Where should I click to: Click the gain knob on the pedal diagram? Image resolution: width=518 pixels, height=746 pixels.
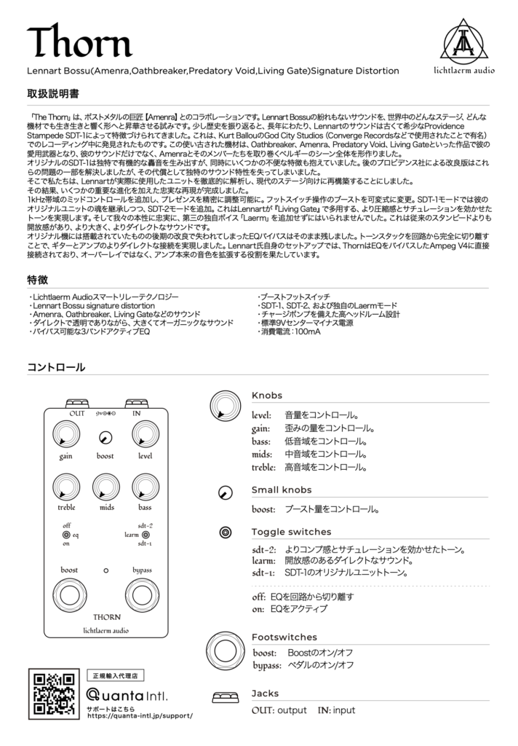click(x=66, y=438)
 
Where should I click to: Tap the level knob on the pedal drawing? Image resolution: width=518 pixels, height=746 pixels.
click(x=146, y=438)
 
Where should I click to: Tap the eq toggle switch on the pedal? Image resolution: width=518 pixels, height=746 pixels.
click(x=66, y=534)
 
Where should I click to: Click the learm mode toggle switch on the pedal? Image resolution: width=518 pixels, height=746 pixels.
click(x=146, y=534)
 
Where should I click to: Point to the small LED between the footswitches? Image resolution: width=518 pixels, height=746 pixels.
click(x=106, y=570)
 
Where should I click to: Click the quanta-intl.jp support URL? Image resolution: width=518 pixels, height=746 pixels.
click(x=140, y=715)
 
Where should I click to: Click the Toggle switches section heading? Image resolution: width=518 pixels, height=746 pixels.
click(x=291, y=532)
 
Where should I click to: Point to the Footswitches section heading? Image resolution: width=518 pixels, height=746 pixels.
click(x=284, y=637)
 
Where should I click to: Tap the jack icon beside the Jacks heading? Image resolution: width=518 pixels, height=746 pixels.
click(x=226, y=697)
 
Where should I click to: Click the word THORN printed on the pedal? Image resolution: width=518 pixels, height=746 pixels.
click(x=107, y=616)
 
